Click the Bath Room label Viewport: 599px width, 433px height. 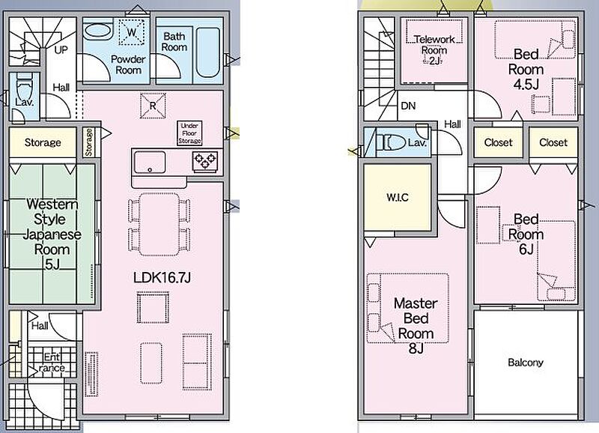[174, 42]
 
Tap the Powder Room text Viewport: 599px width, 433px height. [128, 64]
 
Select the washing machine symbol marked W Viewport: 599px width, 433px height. [132, 32]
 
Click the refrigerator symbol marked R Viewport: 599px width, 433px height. [153, 106]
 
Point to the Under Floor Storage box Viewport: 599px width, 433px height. [189, 133]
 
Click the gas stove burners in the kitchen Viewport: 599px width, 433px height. [205, 160]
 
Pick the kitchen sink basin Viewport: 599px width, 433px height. [150, 163]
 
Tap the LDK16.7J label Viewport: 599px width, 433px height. [162, 277]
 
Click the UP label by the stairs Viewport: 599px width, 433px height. [61, 49]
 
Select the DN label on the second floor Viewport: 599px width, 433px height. [408, 106]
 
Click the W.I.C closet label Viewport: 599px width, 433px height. [398, 198]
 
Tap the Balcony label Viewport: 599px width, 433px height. [526, 363]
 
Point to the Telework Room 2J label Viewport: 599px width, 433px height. [434, 49]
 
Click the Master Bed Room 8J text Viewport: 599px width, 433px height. [416, 326]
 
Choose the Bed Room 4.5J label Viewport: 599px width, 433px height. [526, 69]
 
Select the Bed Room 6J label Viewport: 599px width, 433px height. [526, 234]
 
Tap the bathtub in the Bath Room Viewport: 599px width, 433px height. [208, 52]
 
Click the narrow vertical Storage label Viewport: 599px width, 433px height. [88, 142]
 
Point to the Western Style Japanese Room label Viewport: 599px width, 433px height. [52, 234]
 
